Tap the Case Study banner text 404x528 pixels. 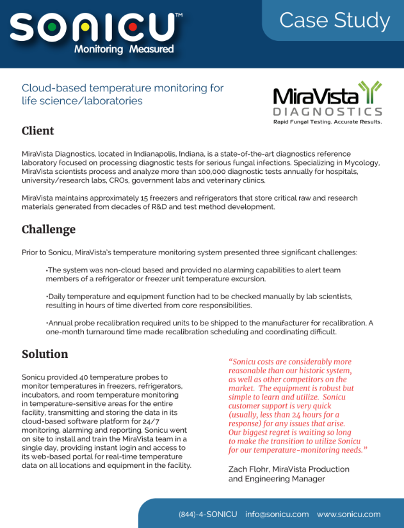pos(334,20)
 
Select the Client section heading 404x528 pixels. pos(38,131)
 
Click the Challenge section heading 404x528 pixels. pos(49,229)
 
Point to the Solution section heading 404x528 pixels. pos(45,354)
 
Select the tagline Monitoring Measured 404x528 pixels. pos(124,49)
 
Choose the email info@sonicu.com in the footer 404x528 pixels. pos(277,514)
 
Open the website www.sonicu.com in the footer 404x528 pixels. pos(349,514)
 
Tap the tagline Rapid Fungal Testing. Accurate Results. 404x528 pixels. pos(327,121)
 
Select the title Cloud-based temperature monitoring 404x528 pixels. pos(122,88)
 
